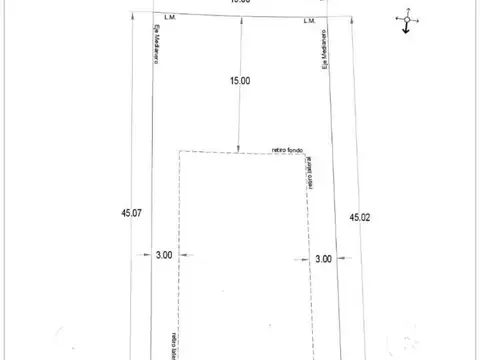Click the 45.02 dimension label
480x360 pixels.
[x=360, y=216]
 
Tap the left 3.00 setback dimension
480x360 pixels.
[x=163, y=256]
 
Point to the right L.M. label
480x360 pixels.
[x=309, y=20]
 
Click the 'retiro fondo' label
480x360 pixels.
[x=287, y=148]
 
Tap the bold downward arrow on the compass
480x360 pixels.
[x=405, y=30]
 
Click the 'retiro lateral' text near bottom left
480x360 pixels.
[x=173, y=344]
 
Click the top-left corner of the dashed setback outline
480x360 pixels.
[x=179, y=152]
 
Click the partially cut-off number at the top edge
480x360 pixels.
[x=239, y=3]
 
